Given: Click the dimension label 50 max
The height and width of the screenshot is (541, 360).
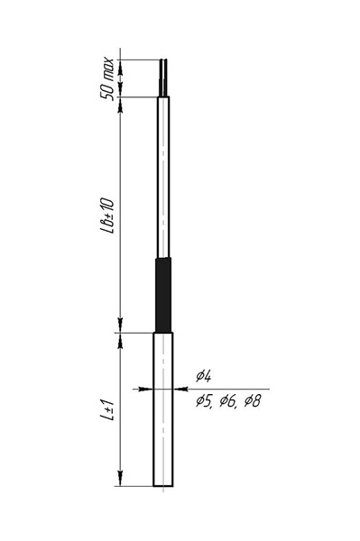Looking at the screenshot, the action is coord(107,78).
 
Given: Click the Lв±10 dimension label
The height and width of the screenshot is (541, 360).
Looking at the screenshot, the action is coord(107,216).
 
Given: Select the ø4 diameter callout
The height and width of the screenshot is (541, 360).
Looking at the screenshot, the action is coord(204,376).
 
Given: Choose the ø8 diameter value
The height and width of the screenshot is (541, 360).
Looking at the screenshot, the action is coord(253,401).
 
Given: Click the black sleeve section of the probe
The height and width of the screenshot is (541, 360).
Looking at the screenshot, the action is coord(163,295).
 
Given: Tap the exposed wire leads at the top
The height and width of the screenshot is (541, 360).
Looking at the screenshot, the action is coord(163,78).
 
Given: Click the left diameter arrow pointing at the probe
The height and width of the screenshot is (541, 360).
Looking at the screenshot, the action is coord(145,390).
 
